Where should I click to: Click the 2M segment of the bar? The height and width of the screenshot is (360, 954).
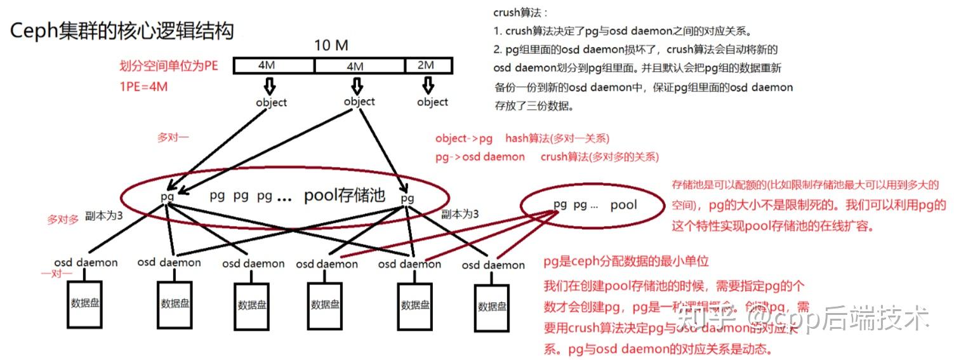coord(428,65)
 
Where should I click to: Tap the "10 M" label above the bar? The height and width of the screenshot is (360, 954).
coord(331,46)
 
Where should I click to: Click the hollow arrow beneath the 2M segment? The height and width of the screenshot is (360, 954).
coord(428,84)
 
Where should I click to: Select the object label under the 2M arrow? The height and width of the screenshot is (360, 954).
coord(433,102)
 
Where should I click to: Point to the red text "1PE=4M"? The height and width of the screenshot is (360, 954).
coord(143,87)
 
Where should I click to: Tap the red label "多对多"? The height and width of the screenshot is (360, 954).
coord(63,220)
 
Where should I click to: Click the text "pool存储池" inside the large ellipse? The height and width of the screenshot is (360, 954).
coord(344,196)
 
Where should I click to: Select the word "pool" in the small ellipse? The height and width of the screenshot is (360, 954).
coord(623,205)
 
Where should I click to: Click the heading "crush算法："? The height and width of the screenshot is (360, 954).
coord(520,13)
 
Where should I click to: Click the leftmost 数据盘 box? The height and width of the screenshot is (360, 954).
coord(85,303)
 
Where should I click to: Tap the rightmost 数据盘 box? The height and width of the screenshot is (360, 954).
coord(492,306)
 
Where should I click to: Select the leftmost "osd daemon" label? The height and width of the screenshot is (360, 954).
coord(86,262)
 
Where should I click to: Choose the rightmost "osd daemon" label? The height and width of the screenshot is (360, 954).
coord(493,265)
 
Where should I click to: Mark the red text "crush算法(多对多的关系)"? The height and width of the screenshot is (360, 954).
coord(599,156)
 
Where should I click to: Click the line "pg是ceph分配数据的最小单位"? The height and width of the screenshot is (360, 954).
coord(626,262)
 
